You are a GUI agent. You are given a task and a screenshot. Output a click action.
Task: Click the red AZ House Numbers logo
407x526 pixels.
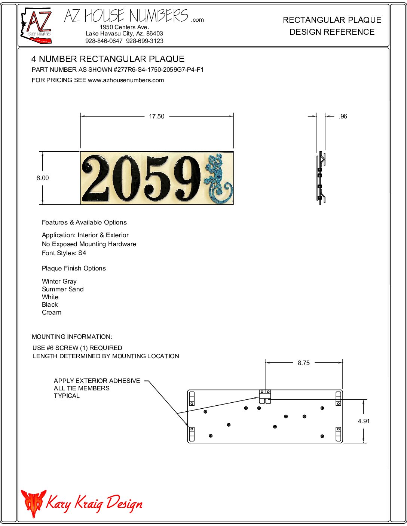(36, 25)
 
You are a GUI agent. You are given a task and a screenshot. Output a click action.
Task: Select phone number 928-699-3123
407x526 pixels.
(145, 41)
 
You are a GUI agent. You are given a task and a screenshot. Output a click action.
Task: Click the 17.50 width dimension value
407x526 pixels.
(156, 117)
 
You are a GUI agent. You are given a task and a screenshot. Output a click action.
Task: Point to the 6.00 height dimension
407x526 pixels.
(43, 178)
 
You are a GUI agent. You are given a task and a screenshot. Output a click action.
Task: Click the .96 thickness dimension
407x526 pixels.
(343, 117)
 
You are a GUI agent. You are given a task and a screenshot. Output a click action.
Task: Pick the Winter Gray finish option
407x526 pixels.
(59, 281)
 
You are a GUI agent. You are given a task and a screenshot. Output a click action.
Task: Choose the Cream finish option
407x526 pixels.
(52, 312)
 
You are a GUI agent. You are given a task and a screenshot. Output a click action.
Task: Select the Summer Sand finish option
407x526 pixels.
(62, 289)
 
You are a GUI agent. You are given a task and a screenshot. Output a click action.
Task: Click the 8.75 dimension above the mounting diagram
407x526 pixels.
(304, 363)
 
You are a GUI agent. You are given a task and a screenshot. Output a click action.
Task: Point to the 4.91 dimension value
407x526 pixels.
(363, 421)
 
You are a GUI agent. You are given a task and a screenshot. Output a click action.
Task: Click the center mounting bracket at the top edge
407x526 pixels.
(265, 396)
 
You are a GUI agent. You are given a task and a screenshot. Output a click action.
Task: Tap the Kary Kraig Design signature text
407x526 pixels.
(94, 503)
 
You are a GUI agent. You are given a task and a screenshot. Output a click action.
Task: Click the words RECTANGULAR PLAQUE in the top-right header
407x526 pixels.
(332, 20)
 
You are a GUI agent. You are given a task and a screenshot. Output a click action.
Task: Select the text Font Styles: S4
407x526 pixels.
(64, 253)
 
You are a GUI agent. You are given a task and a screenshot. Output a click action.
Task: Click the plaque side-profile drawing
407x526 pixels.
(321, 177)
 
